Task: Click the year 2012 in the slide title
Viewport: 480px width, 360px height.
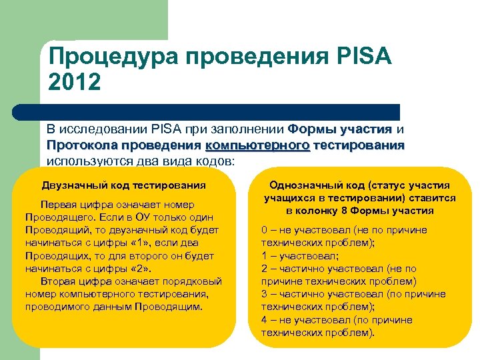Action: coord(74,83)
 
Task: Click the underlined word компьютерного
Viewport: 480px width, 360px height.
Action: coord(258,145)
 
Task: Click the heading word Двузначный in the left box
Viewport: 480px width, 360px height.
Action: coord(71,185)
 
